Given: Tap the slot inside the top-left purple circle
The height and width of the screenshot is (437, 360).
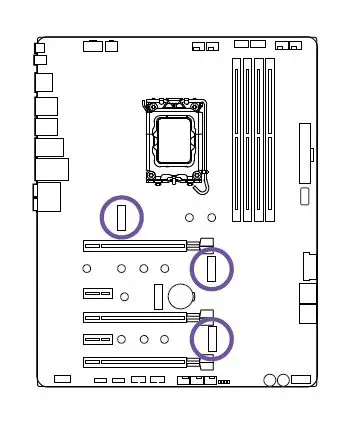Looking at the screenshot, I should click(122, 218).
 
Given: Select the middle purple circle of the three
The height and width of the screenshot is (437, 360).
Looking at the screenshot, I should click(211, 268).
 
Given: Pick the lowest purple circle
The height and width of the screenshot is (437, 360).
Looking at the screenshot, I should click(211, 338).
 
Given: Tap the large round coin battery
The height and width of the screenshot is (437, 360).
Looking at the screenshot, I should click(180, 295).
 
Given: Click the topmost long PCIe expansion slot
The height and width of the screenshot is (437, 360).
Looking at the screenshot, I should click(134, 243).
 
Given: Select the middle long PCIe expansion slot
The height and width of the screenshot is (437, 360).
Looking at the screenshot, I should click(134, 317).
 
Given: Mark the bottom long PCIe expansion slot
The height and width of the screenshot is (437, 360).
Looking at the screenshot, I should click(134, 361).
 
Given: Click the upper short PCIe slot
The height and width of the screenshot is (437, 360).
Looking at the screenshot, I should click(97, 294).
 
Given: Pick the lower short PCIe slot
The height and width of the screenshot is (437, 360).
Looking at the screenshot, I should click(97, 339).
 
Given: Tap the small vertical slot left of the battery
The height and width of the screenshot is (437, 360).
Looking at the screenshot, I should click(157, 295).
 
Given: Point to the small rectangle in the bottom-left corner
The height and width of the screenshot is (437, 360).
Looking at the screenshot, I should click(62, 380).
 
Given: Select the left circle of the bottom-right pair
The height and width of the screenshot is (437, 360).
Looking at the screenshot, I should click(271, 380).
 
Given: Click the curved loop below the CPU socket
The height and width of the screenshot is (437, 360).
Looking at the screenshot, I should click(203, 183).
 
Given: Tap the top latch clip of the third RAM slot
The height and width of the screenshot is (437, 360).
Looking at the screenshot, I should click(259, 61).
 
